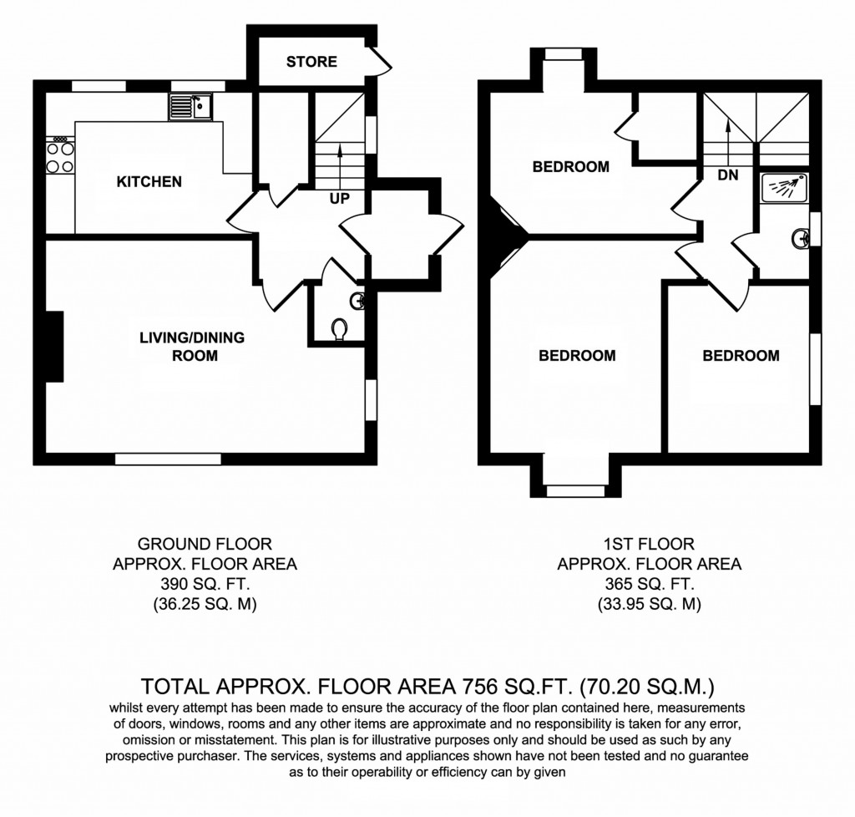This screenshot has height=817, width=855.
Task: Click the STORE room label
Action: pos(311,62)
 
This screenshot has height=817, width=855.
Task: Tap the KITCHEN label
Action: pos(149,181)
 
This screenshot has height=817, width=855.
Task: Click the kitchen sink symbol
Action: pos(191,106)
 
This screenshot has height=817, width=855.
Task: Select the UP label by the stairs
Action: pos(339,199)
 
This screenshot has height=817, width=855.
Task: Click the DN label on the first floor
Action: pos(727,175)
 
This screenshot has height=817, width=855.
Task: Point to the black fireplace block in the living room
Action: pos(54,346)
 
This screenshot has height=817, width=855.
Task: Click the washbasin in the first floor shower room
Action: pos(801,238)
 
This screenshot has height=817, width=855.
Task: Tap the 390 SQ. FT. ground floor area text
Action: pos(205,583)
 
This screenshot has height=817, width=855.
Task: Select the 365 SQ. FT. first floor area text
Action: pos(649,583)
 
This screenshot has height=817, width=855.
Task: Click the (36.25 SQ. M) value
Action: pos(205,603)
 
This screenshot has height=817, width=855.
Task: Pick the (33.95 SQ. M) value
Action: pos(649,603)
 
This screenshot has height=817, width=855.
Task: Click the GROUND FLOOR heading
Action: pos(205,544)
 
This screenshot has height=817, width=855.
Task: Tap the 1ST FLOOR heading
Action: pos(649,544)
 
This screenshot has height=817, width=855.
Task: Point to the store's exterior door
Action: pos(381,61)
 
